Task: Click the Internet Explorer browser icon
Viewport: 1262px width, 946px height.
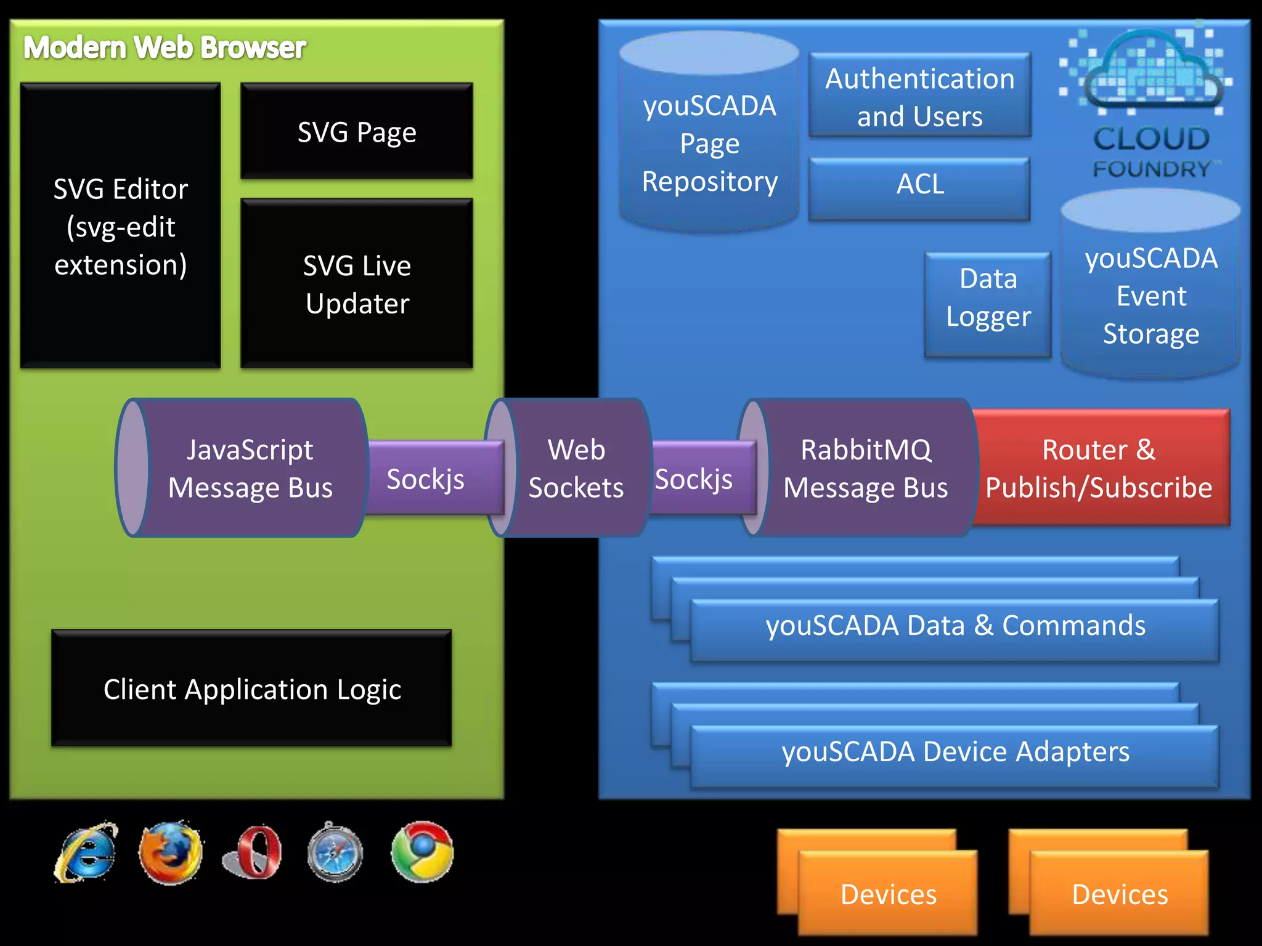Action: pyautogui.click(x=86, y=852)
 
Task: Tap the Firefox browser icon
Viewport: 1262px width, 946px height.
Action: pyautogui.click(x=171, y=853)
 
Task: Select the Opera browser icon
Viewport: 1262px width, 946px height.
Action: pyautogui.click(x=253, y=853)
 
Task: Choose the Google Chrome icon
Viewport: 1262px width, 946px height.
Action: pyautogui.click(x=423, y=852)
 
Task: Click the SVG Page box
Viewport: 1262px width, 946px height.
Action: pyautogui.click(x=357, y=132)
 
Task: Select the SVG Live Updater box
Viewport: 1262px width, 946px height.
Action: pyautogui.click(x=357, y=284)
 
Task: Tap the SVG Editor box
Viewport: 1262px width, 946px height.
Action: pyautogui.click(x=121, y=226)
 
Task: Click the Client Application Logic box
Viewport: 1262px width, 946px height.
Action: pyautogui.click(x=251, y=689)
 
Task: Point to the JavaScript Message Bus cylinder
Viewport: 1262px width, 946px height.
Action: pyautogui.click(x=250, y=468)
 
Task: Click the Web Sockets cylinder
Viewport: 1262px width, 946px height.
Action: pyautogui.click(x=576, y=468)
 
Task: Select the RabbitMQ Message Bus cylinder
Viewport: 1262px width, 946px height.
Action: pyautogui.click(x=865, y=468)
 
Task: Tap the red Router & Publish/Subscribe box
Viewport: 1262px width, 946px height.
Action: pyautogui.click(x=1099, y=468)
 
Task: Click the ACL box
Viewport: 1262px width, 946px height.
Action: pyautogui.click(x=919, y=184)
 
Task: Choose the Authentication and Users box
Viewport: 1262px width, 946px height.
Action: pyautogui.click(x=919, y=97)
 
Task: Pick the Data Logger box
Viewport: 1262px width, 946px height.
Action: pyautogui.click(x=988, y=297)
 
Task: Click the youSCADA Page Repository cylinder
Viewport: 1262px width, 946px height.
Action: pyautogui.click(x=709, y=143)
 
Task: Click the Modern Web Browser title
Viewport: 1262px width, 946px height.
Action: pyautogui.click(x=165, y=48)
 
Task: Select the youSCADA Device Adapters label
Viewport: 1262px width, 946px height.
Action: pyautogui.click(x=955, y=752)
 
